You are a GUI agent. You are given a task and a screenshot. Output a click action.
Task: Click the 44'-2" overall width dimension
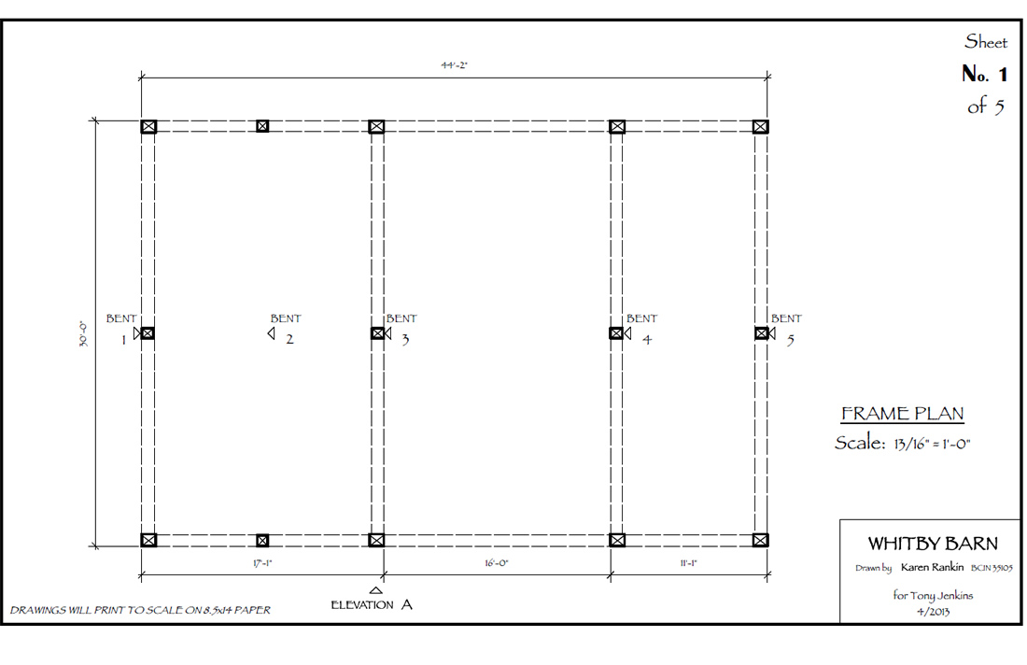pyautogui.click(x=454, y=64)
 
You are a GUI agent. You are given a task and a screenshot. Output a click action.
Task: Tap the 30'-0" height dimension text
pyautogui.click(x=83, y=333)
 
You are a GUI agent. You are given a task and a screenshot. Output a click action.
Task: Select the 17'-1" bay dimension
pyautogui.click(x=262, y=563)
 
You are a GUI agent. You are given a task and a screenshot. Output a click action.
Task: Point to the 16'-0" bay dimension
pyautogui.click(x=497, y=563)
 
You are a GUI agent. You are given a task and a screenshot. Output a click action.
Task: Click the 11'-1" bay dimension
pyautogui.click(x=688, y=563)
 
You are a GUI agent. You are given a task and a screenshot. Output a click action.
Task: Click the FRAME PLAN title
pyautogui.click(x=903, y=414)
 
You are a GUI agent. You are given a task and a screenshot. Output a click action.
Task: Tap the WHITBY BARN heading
pyautogui.click(x=933, y=544)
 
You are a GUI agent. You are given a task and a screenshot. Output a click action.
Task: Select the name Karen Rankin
pyautogui.click(x=932, y=567)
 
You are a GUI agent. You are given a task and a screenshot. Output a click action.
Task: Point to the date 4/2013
pyautogui.click(x=933, y=611)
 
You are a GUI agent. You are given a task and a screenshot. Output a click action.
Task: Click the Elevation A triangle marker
pyautogui.click(x=376, y=590)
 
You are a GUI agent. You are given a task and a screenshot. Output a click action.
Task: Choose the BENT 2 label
pyautogui.click(x=286, y=328)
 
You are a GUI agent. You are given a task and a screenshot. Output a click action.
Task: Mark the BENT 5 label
pyautogui.click(x=786, y=328)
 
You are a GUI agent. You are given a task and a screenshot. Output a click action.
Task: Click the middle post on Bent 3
pyautogui.click(x=377, y=333)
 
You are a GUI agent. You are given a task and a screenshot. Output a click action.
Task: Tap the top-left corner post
pyautogui.click(x=148, y=126)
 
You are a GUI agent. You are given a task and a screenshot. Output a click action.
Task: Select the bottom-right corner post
pyautogui.click(x=760, y=540)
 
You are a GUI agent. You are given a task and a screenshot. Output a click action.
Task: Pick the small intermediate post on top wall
pyautogui.click(x=262, y=126)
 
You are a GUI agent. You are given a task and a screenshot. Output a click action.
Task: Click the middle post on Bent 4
pyautogui.click(x=616, y=333)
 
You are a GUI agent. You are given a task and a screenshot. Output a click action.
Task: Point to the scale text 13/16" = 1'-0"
pyautogui.click(x=932, y=444)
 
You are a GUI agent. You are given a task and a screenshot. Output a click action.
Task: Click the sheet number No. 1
pyautogui.click(x=984, y=74)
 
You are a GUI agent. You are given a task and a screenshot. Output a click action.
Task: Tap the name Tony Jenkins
pyautogui.click(x=942, y=595)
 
